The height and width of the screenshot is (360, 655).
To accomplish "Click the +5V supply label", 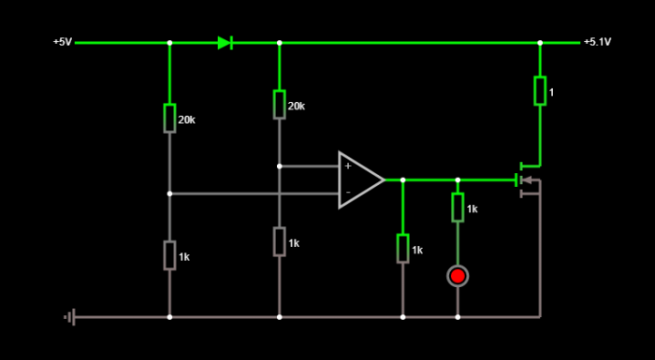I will pyautogui.click(x=62, y=42).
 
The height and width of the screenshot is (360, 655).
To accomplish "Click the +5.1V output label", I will pyautogui.click(x=596, y=42).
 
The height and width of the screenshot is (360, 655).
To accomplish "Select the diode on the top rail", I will pyautogui.click(x=225, y=42).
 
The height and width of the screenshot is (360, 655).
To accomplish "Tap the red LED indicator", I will pyautogui.click(x=458, y=276).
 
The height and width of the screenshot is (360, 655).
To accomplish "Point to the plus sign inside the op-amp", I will pyautogui.click(x=348, y=166).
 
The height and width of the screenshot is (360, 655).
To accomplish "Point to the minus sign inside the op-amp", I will pyautogui.click(x=348, y=194).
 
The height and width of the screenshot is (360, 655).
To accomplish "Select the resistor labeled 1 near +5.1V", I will pyautogui.click(x=540, y=91).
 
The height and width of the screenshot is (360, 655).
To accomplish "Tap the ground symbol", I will pyautogui.click(x=68, y=317).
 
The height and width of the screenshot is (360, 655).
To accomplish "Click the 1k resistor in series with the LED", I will pyautogui.click(x=458, y=208).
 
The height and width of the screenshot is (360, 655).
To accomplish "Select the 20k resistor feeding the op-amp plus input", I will pyautogui.click(x=279, y=104).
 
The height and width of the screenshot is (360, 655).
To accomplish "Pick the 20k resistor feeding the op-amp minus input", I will pyautogui.click(x=169, y=118).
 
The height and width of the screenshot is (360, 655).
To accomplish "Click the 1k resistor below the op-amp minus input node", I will pyautogui.click(x=169, y=254).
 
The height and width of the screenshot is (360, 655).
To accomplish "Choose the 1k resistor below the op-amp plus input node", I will pyautogui.click(x=279, y=240).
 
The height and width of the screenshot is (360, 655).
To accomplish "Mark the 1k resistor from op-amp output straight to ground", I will pyautogui.click(x=402, y=249).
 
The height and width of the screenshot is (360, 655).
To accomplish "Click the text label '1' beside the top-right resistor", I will pyautogui.click(x=552, y=93).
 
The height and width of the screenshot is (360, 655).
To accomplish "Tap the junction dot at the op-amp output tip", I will pyautogui.click(x=402, y=180).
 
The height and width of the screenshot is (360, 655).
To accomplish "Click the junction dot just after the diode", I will pyautogui.click(x=279, y=42).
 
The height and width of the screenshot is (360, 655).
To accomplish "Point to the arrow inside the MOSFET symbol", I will pyautogui.click(x=527, y=180).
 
